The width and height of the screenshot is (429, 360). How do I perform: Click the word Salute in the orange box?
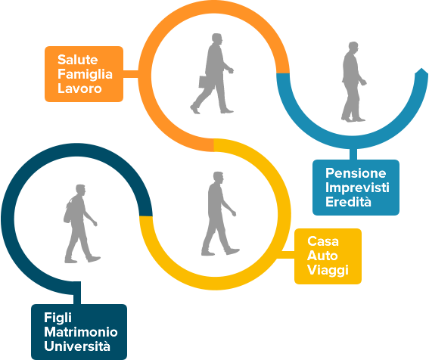(77, 60)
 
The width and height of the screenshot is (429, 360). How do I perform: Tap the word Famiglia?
(85, 74)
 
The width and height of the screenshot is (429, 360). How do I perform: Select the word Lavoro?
(79, 88)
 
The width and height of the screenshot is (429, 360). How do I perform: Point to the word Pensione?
(356, 173)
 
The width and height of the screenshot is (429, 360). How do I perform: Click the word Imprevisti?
(357, 188)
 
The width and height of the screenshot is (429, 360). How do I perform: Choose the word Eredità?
(348, 202)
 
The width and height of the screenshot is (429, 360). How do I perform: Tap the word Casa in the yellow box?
(323, 241)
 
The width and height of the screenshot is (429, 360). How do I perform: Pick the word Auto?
(322, 256)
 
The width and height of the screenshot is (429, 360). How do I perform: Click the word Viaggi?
(328, 270)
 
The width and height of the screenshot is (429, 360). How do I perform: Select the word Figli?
(58, 318)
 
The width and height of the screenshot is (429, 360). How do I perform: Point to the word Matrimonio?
(81, 332)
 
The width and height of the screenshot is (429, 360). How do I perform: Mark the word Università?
(77, 346)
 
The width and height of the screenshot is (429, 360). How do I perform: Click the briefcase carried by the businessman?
(206, 82)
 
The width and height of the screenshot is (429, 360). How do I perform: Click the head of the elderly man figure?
(353, 48)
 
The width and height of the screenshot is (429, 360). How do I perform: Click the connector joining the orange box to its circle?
(131, 74)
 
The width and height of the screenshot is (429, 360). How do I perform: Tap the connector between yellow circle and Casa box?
(286, 255)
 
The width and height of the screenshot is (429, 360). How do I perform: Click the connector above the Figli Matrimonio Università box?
(77, 293)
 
